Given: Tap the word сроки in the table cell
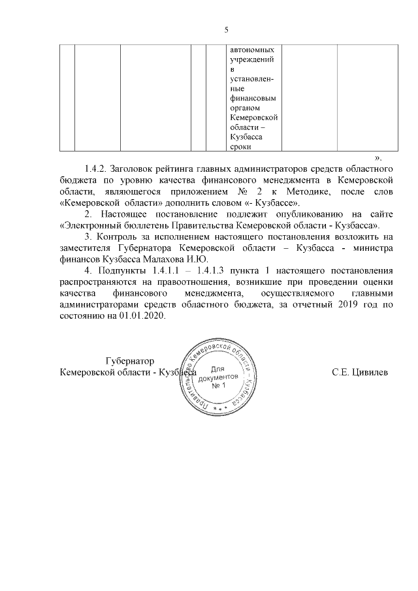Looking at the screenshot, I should coord(241,148).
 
